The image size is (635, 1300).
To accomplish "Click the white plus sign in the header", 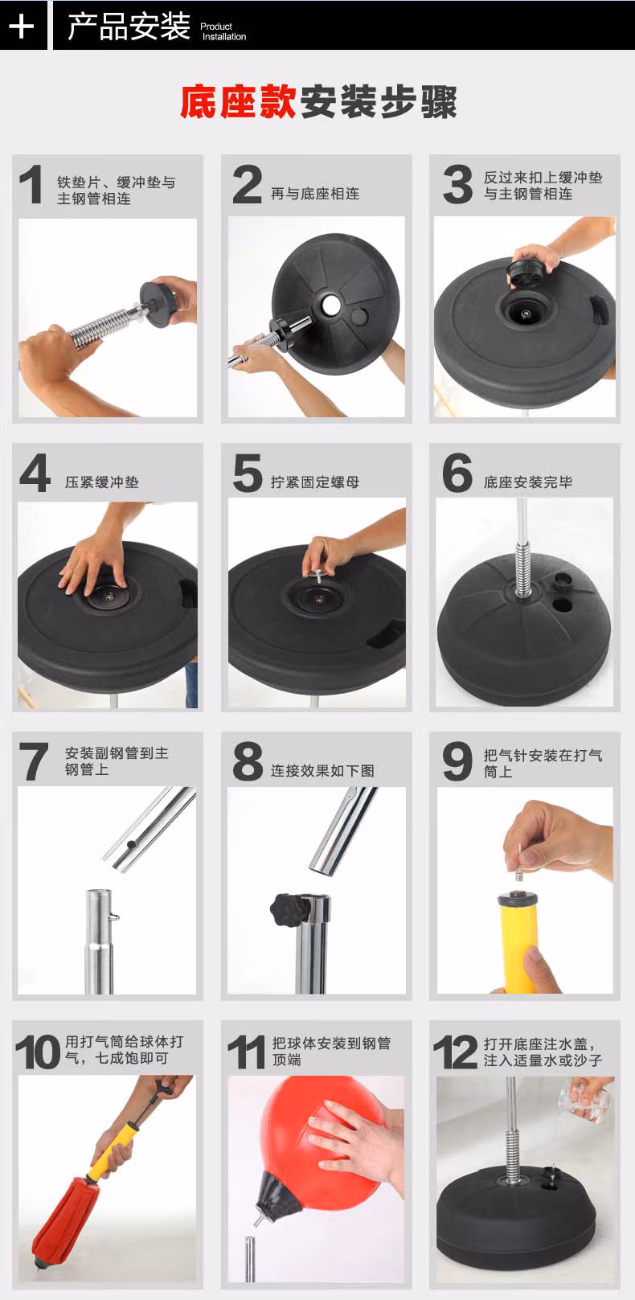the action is [x=22, y=26].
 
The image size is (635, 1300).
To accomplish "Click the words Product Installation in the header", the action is [x=223, y=31].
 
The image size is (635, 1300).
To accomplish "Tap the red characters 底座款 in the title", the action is [x=238, y=101].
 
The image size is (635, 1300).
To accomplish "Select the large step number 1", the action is [x=32, y=185].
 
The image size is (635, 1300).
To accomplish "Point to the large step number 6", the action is [x=457, y=473].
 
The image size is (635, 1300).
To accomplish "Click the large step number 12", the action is [x=456, y=1052].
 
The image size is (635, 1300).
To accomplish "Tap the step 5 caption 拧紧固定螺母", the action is [x=315, y=482].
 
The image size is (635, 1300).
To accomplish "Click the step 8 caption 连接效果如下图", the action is [x=322, y=771].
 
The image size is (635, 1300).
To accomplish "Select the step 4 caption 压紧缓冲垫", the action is [x=102, y=482].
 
